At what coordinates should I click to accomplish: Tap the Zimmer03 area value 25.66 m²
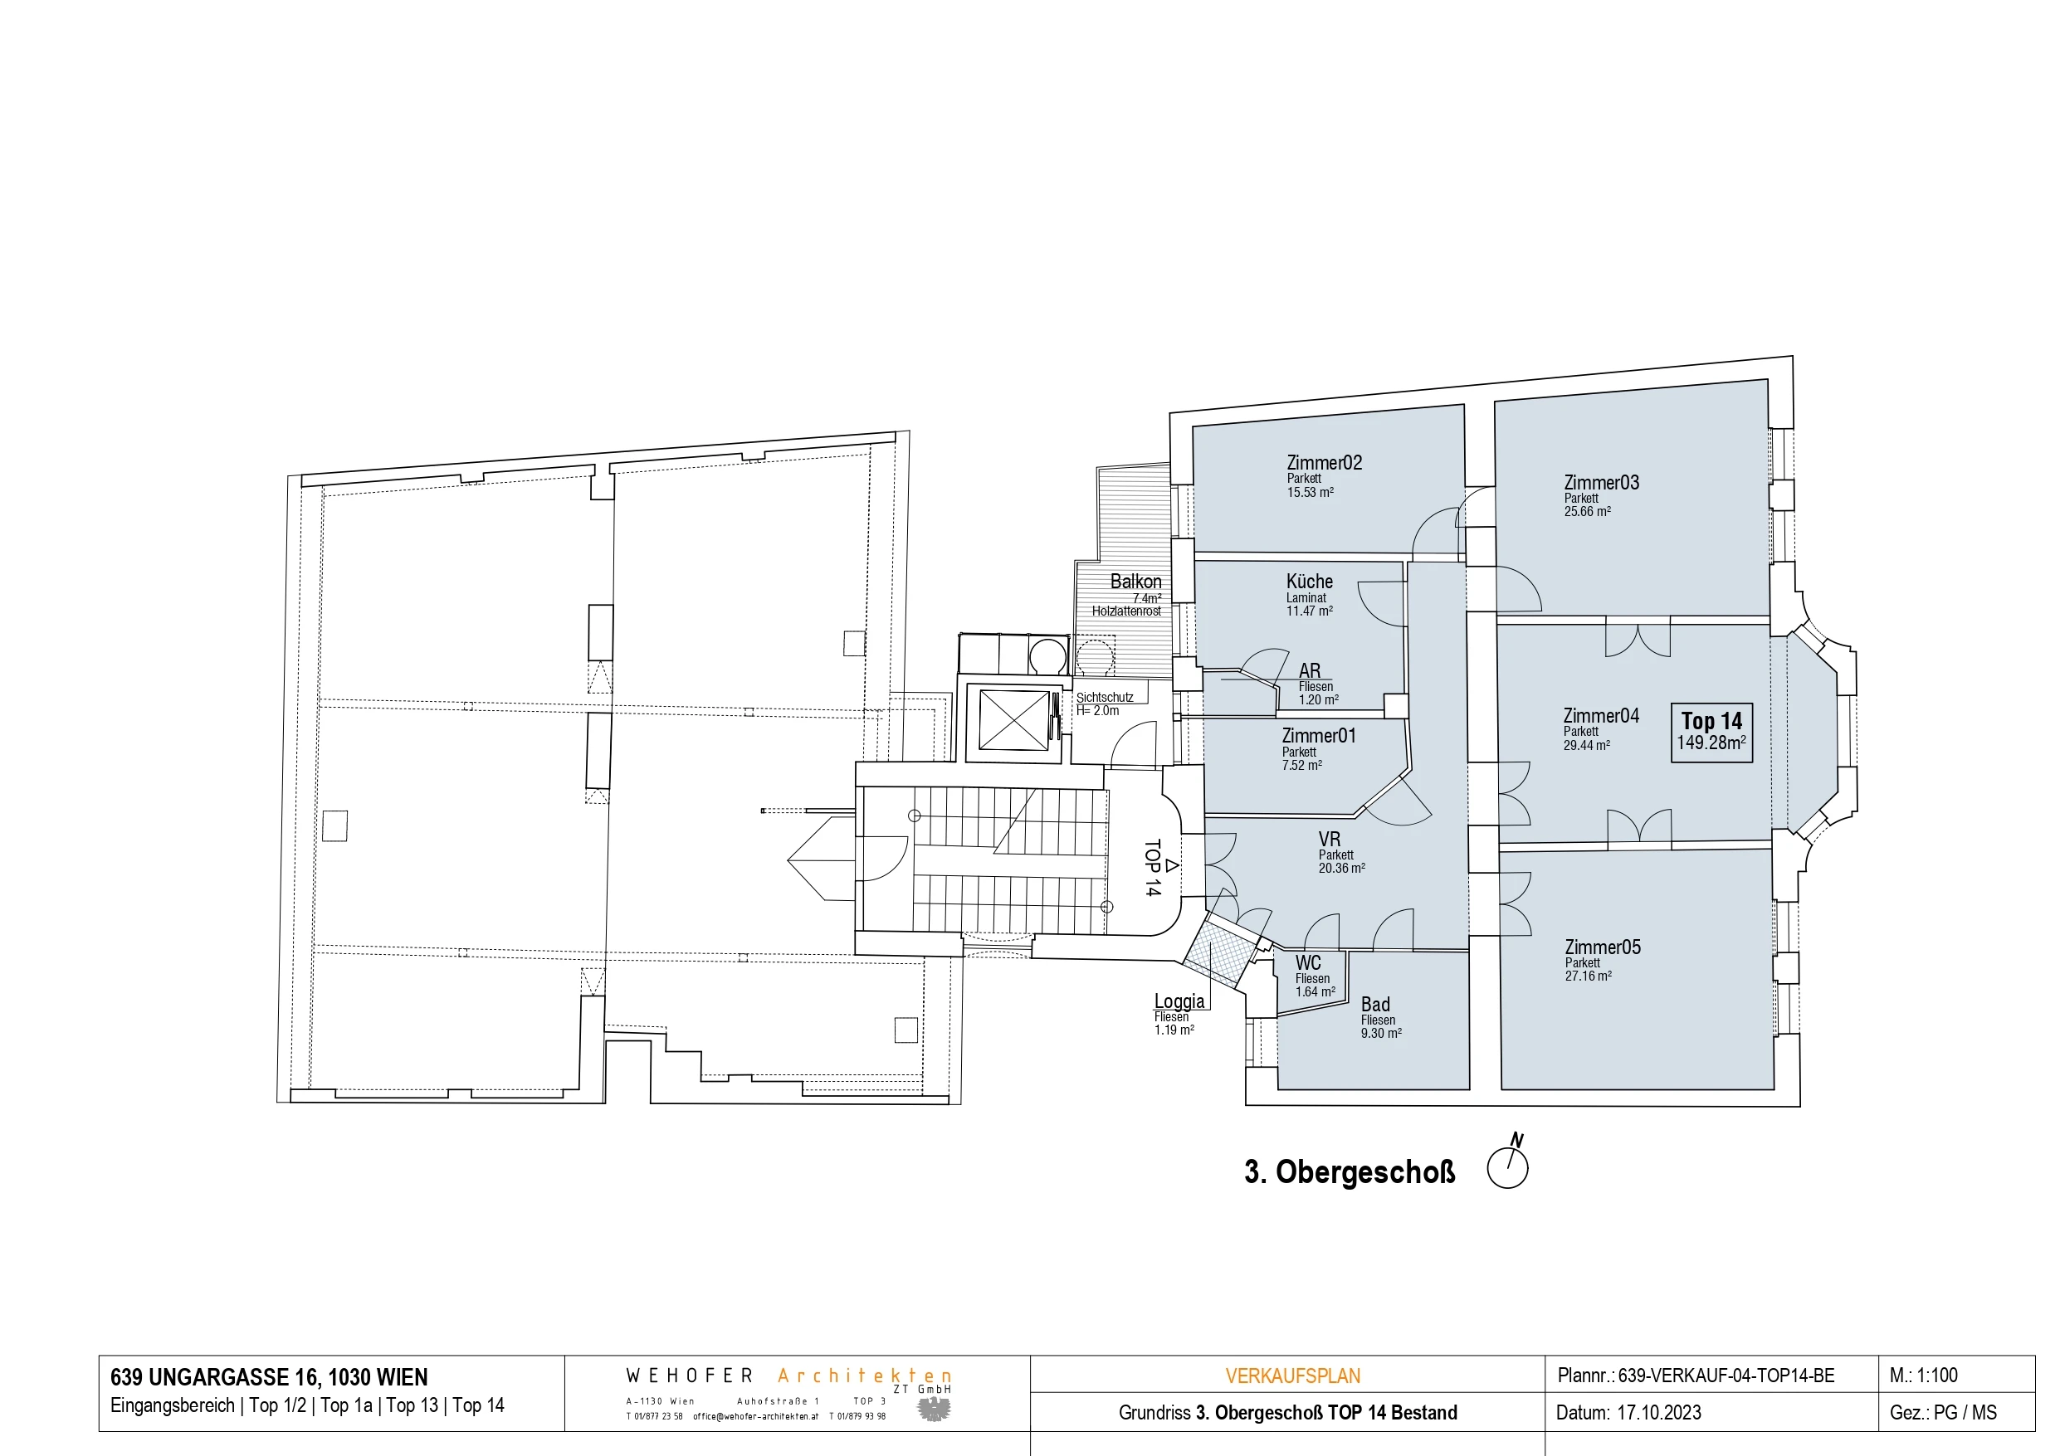coord(1586,511)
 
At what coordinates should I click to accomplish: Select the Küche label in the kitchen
coord(1309,582)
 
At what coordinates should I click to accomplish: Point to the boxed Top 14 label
coord(1711,721)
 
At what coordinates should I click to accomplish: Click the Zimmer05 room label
coord(1603,947)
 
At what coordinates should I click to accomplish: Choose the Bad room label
coord(1374,1005)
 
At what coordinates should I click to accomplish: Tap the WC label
coord(1307,963)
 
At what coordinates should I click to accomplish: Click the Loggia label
coord(1179,1001)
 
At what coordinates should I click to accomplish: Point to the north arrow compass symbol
coord(1508,1166)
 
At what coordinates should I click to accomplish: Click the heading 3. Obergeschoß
coord(1350,1172)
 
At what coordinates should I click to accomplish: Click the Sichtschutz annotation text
coord(1105,697)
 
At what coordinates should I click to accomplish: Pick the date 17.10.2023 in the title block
coord(1659,1413)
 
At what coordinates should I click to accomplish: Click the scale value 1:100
coord(1937,1376)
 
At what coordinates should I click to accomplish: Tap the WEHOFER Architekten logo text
coord(788,1376)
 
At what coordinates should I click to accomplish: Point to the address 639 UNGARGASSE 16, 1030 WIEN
coord(269,1377)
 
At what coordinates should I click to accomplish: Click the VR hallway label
coord(1329,840)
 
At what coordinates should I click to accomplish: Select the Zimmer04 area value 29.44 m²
coord(1586,745)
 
